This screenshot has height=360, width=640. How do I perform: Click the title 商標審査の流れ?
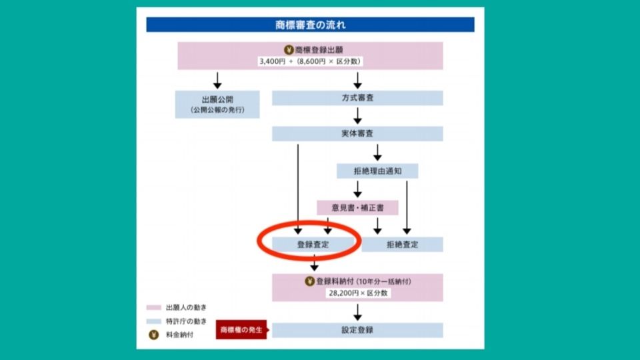pyautogui.click(x=310, y=25)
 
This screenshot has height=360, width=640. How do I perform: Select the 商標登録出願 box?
pyautogui.click(x=310, y=55)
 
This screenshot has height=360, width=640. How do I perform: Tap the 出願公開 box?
pyautogui.click(x=217, y=104)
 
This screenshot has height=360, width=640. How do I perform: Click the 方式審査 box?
pyautogui.click(x=357, y=98)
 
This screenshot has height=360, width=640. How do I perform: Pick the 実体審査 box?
pyautogui.click(x=357, y=134)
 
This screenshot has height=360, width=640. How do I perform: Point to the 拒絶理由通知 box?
pyautogui.click(x=377, y=171)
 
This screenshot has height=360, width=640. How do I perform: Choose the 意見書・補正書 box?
pyautogui.click(x=357, y=208)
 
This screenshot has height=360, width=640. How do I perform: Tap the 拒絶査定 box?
pyautogui.click(x=403, y=245)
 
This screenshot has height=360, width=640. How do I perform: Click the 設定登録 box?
pyautogui.click(x=357, y=330)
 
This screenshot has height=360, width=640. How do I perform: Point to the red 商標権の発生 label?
pyautogui.click(x=241, y=329)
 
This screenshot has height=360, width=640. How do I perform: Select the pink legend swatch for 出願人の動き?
pyautogui.click(x=153, y=308)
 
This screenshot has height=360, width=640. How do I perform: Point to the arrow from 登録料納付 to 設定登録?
pyautogui.click(x=357, y=311)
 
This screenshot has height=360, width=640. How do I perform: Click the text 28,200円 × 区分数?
pyautogui.click(x=357, y=293)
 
